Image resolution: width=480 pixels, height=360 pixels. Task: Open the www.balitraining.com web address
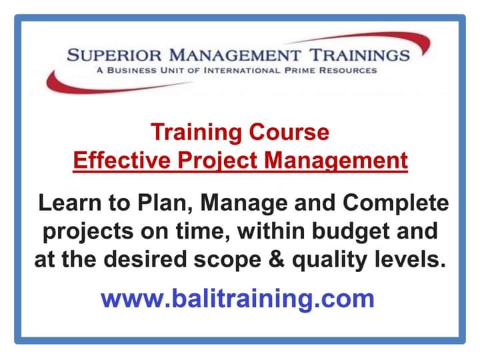pos(237,298)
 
